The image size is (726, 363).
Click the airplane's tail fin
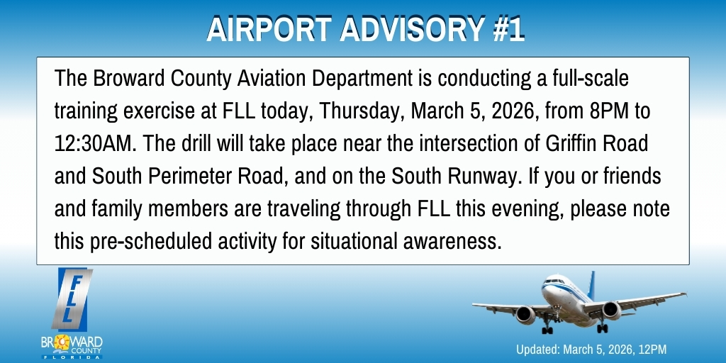pyautogui.click(x=591, y=283)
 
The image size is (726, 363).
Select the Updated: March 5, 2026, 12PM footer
pyautogui.click(x=591, y=350)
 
